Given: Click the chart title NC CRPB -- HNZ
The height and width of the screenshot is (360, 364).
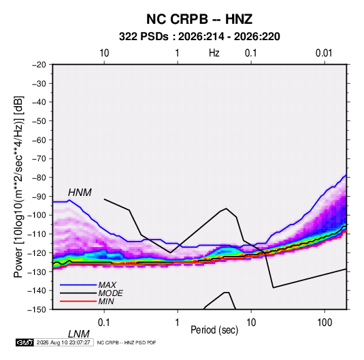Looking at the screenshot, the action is coord(199,19).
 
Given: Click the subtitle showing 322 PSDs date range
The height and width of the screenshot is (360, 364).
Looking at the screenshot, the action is coord(199,37).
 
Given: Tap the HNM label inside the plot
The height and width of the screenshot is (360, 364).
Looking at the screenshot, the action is coord(80,193).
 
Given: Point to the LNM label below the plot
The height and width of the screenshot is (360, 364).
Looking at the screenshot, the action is coord(79,334).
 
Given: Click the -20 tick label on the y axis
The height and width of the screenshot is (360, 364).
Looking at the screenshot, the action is coord(39,65).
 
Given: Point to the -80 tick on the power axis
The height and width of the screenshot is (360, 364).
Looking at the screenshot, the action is coord(39,178).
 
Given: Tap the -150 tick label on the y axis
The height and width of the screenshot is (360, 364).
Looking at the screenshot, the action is coord(37,310).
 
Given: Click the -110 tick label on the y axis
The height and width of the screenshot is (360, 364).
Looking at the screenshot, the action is coord(37,234).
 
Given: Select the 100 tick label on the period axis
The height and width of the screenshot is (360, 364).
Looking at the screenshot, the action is coord(325,323).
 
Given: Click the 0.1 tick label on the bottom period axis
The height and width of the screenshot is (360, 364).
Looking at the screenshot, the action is coord(103,323).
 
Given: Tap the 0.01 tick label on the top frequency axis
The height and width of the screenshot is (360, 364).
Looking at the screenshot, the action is coord(324,53).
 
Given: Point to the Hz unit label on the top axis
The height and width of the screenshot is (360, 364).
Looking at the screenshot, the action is coord(214,53).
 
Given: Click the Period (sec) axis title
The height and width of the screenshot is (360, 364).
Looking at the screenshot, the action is coord(214,330).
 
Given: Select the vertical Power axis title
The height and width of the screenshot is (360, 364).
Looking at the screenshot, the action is coord(18,187).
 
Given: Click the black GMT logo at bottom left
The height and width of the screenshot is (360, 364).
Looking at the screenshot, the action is coord(24,342).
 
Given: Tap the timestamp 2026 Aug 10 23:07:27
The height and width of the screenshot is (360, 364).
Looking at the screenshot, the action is coord(63,342).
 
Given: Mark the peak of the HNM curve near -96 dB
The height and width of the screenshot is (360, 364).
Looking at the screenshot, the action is coord(226,208).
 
